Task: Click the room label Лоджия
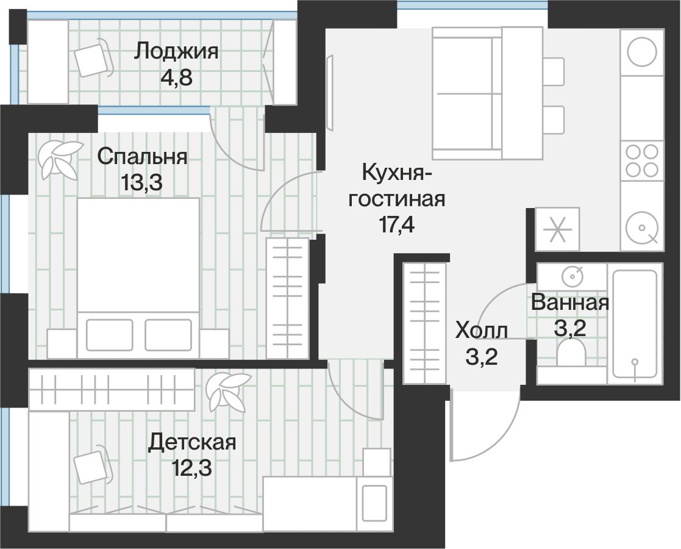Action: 176,52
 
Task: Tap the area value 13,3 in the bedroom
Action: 141,182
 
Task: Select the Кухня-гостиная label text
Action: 396,186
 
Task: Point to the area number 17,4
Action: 397,224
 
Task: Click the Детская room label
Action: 192,442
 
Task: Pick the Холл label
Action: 481,331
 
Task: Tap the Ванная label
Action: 570,303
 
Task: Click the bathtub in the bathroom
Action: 635,323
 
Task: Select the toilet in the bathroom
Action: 571,353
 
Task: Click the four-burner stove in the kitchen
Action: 641,160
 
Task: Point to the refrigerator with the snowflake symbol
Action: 557,229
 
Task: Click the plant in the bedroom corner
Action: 60,160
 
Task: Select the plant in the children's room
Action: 227,391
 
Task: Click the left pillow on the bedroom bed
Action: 110,335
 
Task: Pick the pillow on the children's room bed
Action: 374,503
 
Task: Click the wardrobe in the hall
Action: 424,323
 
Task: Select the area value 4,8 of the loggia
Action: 176,78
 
